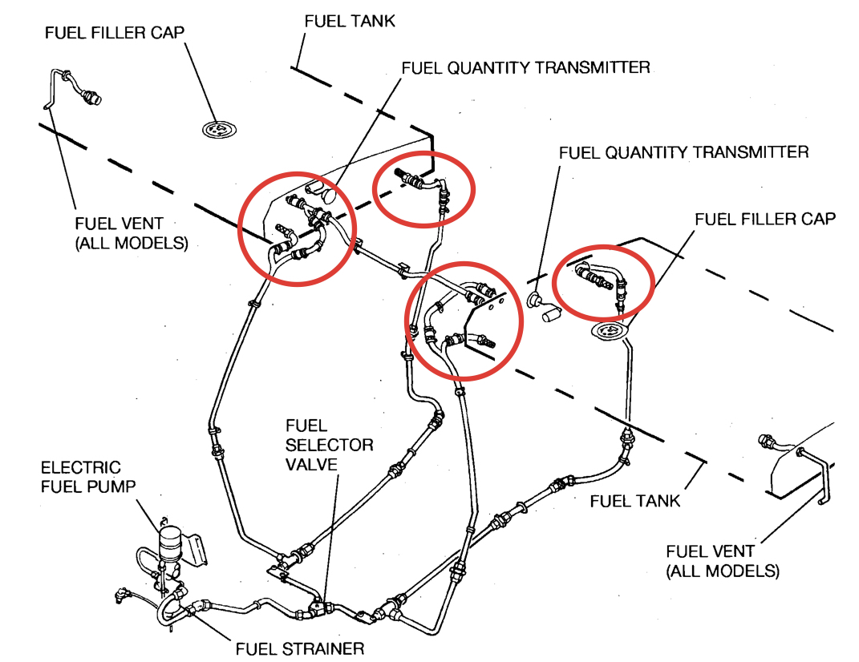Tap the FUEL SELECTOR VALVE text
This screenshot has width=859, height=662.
click(x=329, y=445)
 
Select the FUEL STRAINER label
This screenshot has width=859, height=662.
click(x=299, y=648)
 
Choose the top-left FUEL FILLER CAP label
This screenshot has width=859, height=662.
click(x=115, y=33)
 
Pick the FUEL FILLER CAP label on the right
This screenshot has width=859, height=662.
click(x=764, y=219)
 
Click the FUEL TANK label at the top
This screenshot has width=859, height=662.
click(x=350, y=21)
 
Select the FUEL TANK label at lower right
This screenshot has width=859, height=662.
click(x=634, y=501)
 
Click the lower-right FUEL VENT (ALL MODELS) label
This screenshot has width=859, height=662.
click(x=722, y=561)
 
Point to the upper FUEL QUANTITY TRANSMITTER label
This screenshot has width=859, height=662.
click(x=525, y=67)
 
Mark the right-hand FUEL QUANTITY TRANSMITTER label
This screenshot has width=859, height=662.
click(x=683, y=151)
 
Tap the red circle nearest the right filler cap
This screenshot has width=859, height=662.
click(x=604, y=281)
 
